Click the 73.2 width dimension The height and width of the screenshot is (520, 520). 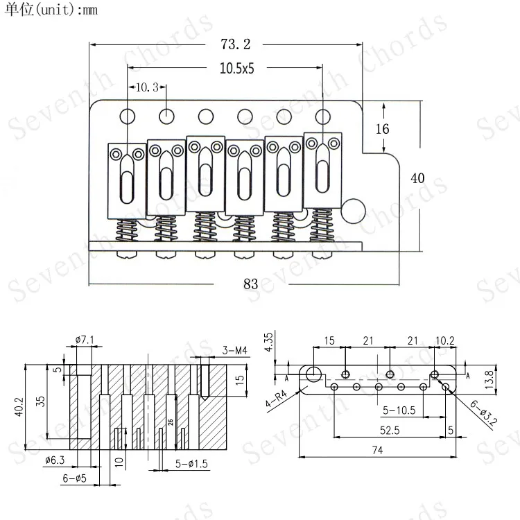pos(235,45)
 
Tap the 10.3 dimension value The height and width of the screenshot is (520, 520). pos(147,87)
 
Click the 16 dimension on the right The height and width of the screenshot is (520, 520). pos(382,129)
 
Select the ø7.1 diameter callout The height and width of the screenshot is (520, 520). pos(85,339)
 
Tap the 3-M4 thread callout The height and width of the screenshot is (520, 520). pos(235,351)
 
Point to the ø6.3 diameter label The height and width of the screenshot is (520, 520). pos(56,460)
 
